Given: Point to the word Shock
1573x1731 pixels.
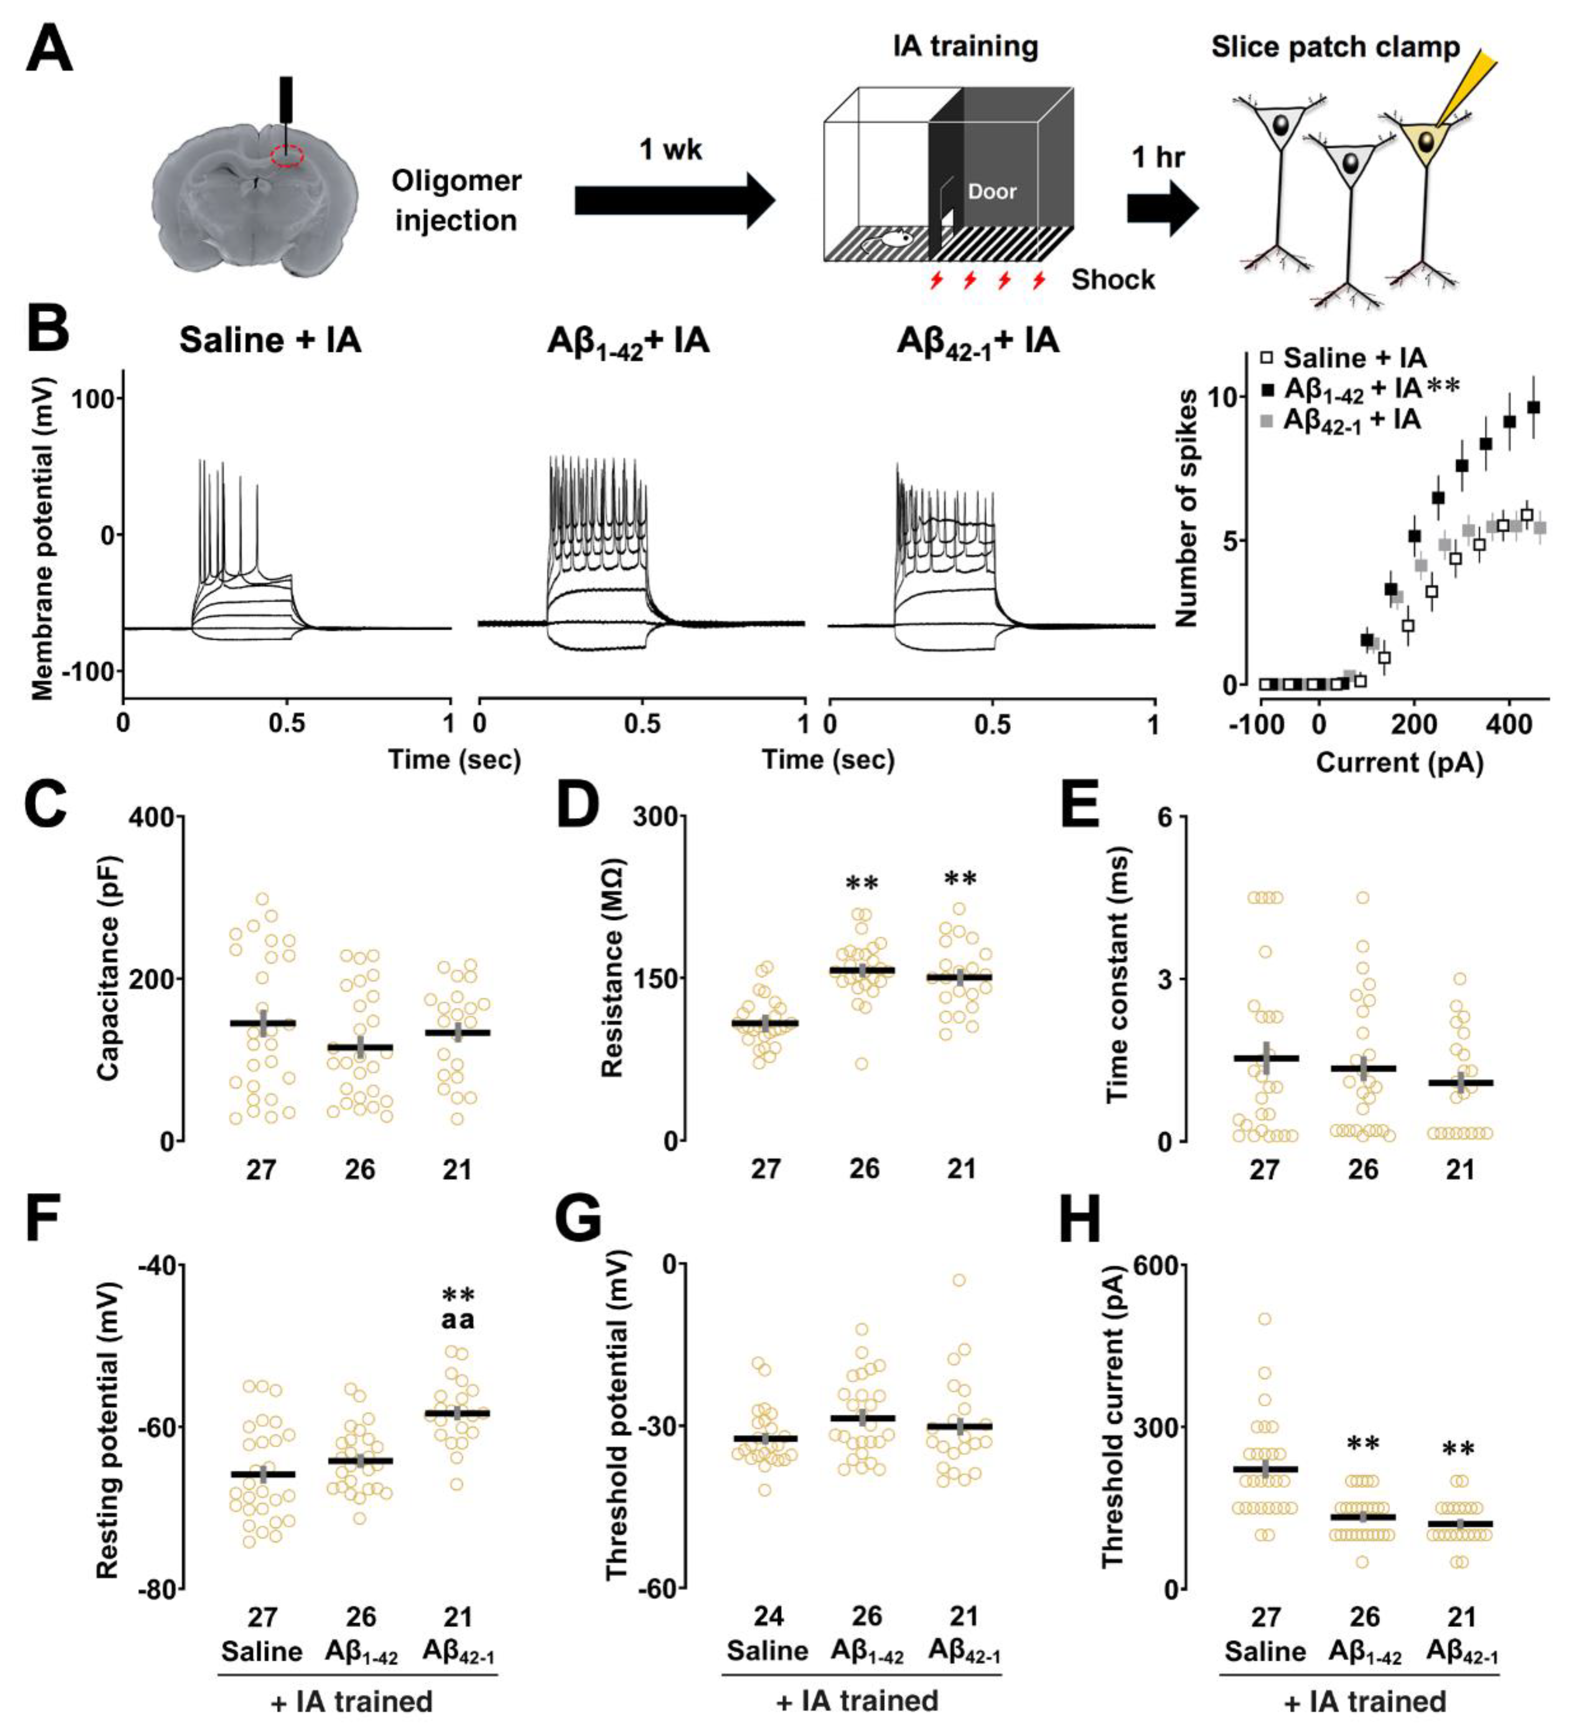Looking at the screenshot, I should pos(1113,280).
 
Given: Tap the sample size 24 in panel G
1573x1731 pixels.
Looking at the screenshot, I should pos(768,1617).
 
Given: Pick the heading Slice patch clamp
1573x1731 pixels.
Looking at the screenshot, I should pos(1335,47).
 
